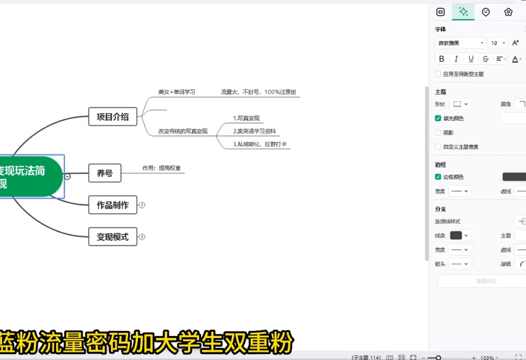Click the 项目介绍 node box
[113, 116]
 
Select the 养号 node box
[105, 173]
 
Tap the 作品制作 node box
[113, 205]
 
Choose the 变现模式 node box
[113, 237]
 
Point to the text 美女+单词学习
[176, 92]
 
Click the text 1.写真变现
[246, 118]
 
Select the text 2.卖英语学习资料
[254, 132]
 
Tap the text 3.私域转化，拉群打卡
[260, 144]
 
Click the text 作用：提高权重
[161, 168]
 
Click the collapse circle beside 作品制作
[142, 205]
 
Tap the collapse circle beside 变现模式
[142, 237]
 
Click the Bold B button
[442, 59]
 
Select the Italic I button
[456, 59]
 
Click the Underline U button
[471, 59]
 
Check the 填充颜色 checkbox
[438, 118]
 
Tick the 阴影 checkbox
[438, 133]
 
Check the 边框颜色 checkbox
[438, 177]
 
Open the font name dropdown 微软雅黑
[460, 43]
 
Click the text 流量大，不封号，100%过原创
[258, 92]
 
